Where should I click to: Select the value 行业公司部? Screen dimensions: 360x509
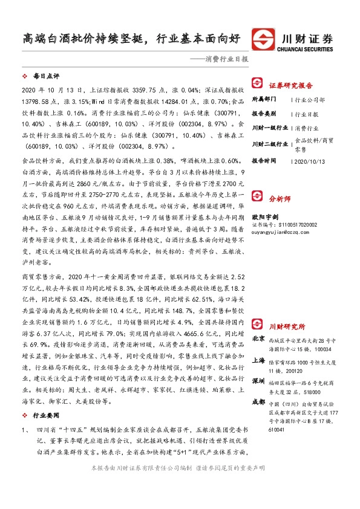(x=310, y=99)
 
